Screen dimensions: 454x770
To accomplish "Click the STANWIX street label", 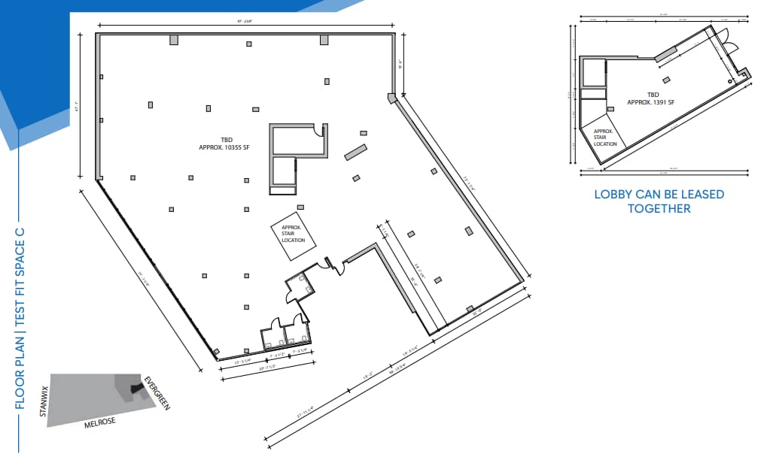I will [x=44, y=401].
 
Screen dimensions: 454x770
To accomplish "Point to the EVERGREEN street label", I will [x=157, y=392].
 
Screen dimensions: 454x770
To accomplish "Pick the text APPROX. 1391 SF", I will [x=652, y=103].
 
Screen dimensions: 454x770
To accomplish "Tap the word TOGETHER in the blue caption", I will [x=659, y=208].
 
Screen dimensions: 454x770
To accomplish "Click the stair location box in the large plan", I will [x=293, y=234].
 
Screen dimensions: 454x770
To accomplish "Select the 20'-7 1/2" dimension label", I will [x=266, y=368].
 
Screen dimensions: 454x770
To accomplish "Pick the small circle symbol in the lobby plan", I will [x=729, y=80].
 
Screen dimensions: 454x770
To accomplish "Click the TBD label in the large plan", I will [x=226, y=139].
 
